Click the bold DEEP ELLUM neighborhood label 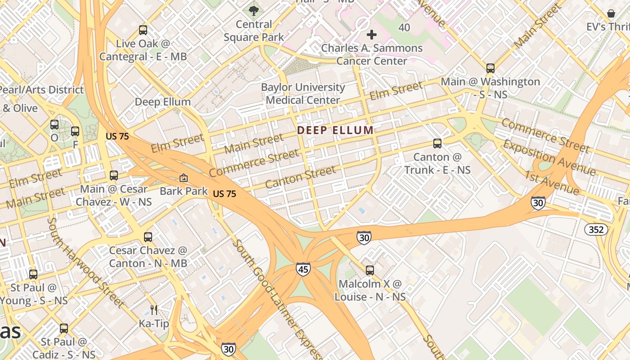335,130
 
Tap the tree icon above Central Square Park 254,10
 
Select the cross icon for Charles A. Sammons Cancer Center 372,34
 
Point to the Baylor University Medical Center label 303,94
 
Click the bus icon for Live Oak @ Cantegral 143,30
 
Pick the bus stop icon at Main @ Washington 490,68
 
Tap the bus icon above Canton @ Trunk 437,144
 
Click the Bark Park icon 184,178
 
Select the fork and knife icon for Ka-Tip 154,310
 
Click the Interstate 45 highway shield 303,269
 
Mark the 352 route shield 596,229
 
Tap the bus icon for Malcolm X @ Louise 370,270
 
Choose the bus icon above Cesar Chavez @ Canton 148,237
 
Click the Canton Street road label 300,177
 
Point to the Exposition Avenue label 549,157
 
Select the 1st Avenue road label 552,183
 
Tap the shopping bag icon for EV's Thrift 611,13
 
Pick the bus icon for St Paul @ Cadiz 64,328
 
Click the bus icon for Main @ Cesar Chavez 114,175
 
